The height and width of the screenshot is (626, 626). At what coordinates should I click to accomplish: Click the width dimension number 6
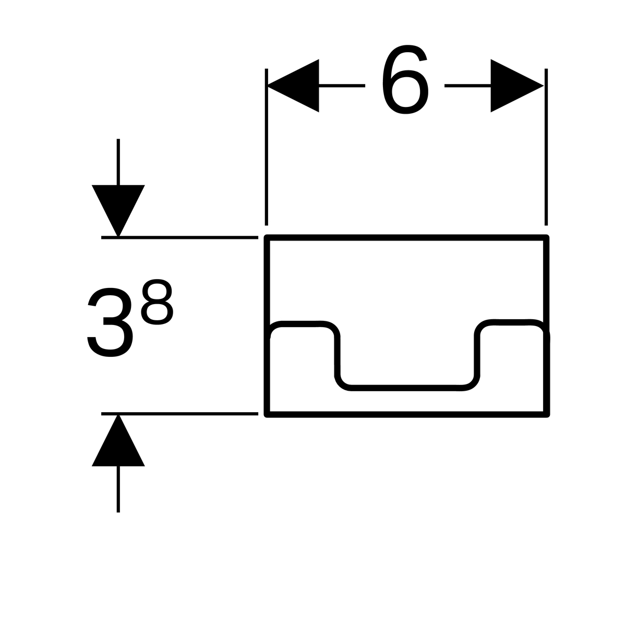pos(405,79)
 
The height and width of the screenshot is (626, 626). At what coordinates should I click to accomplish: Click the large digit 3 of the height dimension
pos(110,322)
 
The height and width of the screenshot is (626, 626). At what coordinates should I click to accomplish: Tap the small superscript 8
pos(157,302)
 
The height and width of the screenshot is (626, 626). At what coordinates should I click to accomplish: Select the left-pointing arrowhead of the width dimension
pos(293,86)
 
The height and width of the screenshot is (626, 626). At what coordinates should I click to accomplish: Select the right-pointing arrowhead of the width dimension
pos(517,86)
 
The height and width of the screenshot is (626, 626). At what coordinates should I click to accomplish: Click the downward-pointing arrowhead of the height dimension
pos(118,211)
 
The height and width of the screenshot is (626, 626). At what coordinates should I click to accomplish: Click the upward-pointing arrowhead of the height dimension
pos(118,440)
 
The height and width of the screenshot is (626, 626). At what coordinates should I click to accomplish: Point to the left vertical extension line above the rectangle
pos(267,147)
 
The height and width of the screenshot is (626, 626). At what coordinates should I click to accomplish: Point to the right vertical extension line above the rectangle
pos(546,147)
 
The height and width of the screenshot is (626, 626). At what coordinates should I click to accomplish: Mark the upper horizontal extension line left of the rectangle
pos(179,237)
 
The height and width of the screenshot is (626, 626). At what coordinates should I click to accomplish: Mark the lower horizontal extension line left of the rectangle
pos(179,414)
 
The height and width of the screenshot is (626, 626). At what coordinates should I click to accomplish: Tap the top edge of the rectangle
pos(406,238)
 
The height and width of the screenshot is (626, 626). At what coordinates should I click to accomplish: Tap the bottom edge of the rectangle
pos(406,414)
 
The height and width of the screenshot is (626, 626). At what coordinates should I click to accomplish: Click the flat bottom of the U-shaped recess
pos(406,388)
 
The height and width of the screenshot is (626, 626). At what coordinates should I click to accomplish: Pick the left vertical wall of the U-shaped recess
pos(338,357)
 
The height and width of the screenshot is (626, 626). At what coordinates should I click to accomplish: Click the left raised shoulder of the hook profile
pos(300,324)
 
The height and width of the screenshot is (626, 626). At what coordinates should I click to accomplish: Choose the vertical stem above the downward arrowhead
pos(118,162)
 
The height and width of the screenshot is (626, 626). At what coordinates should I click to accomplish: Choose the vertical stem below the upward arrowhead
pos(118,489)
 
